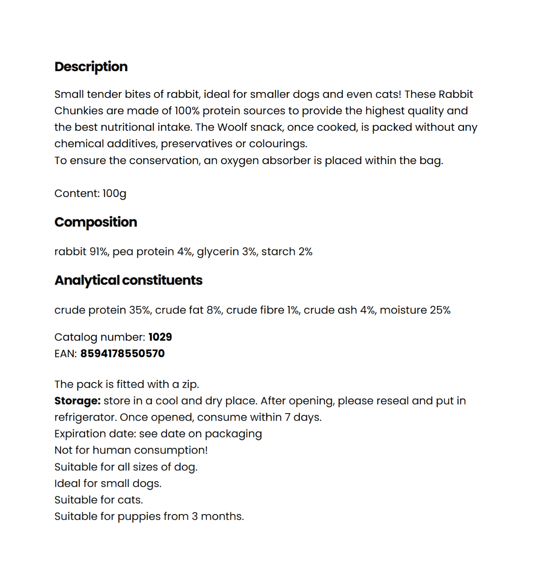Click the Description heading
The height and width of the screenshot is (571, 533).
pos(91,67)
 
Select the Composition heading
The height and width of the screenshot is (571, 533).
pos(96,222)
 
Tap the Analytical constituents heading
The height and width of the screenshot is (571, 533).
pos(128,280)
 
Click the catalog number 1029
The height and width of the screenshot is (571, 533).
pos(160,337)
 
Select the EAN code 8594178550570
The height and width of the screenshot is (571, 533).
pos(122,354)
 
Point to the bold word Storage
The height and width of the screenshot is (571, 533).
pos(77,401)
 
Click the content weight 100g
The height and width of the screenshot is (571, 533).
pos(114,193)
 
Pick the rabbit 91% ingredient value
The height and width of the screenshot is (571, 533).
pos(81,252)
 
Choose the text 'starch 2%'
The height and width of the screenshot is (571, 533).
pos(287,252)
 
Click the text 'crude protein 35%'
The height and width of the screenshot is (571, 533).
pos(102,310)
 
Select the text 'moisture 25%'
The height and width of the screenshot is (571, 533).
pos(415,310)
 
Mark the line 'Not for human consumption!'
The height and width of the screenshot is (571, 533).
pos(131,450)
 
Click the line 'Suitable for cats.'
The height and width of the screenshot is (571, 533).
pos(99,500)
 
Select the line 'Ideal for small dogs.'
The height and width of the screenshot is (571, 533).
pos(108,484)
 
